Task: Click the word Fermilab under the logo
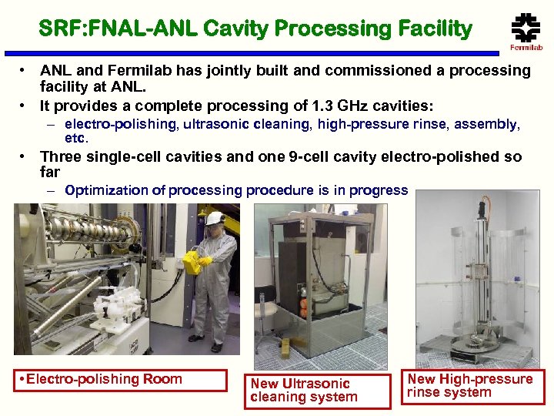(526, 48)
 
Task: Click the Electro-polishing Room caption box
(120, 380)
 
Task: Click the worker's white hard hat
(215, 218)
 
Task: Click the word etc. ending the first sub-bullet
(77, 139)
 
